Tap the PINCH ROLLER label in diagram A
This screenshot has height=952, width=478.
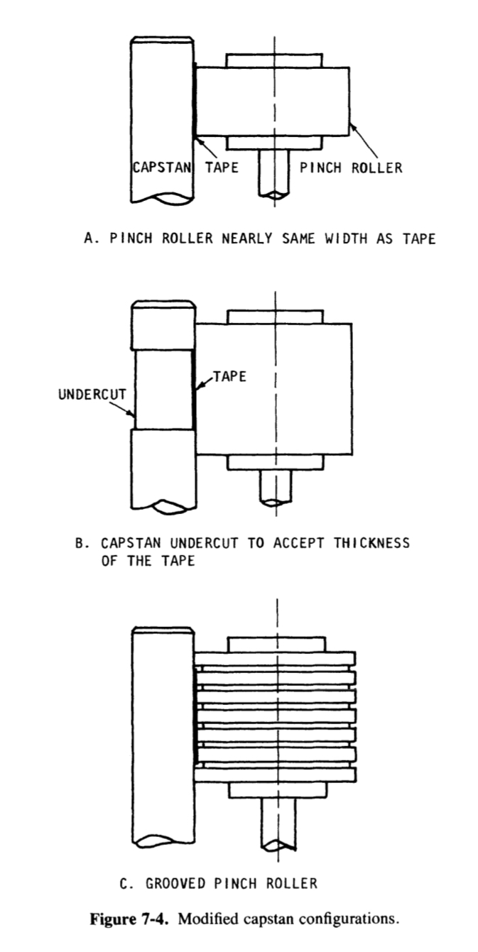[351, 168]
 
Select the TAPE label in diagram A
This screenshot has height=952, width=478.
[222, 168]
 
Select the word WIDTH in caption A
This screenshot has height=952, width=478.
[328, 239]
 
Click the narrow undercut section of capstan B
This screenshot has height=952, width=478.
[164, 388]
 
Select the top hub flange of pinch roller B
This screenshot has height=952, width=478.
[275, 317]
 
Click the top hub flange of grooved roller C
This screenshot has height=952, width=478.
[275, 645]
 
